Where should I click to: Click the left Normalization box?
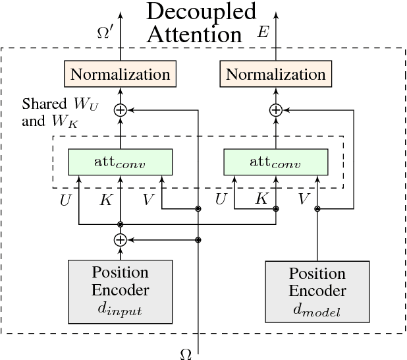[x=120, y=74]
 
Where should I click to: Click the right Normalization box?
[x=276, y=74]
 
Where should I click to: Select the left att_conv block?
[x=120, y=161]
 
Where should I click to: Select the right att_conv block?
[x=276, y=161]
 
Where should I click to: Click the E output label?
[x=263, y=32]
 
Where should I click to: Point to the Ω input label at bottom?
[x=186, y=354]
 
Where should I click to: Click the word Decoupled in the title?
[x=201, y=11]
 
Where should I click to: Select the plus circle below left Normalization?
[x=120, y=110]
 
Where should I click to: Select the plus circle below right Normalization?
[x=276, y=110]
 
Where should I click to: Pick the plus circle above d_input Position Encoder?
[x=120, y=240]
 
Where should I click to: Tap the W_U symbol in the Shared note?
[x=88, y=105]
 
